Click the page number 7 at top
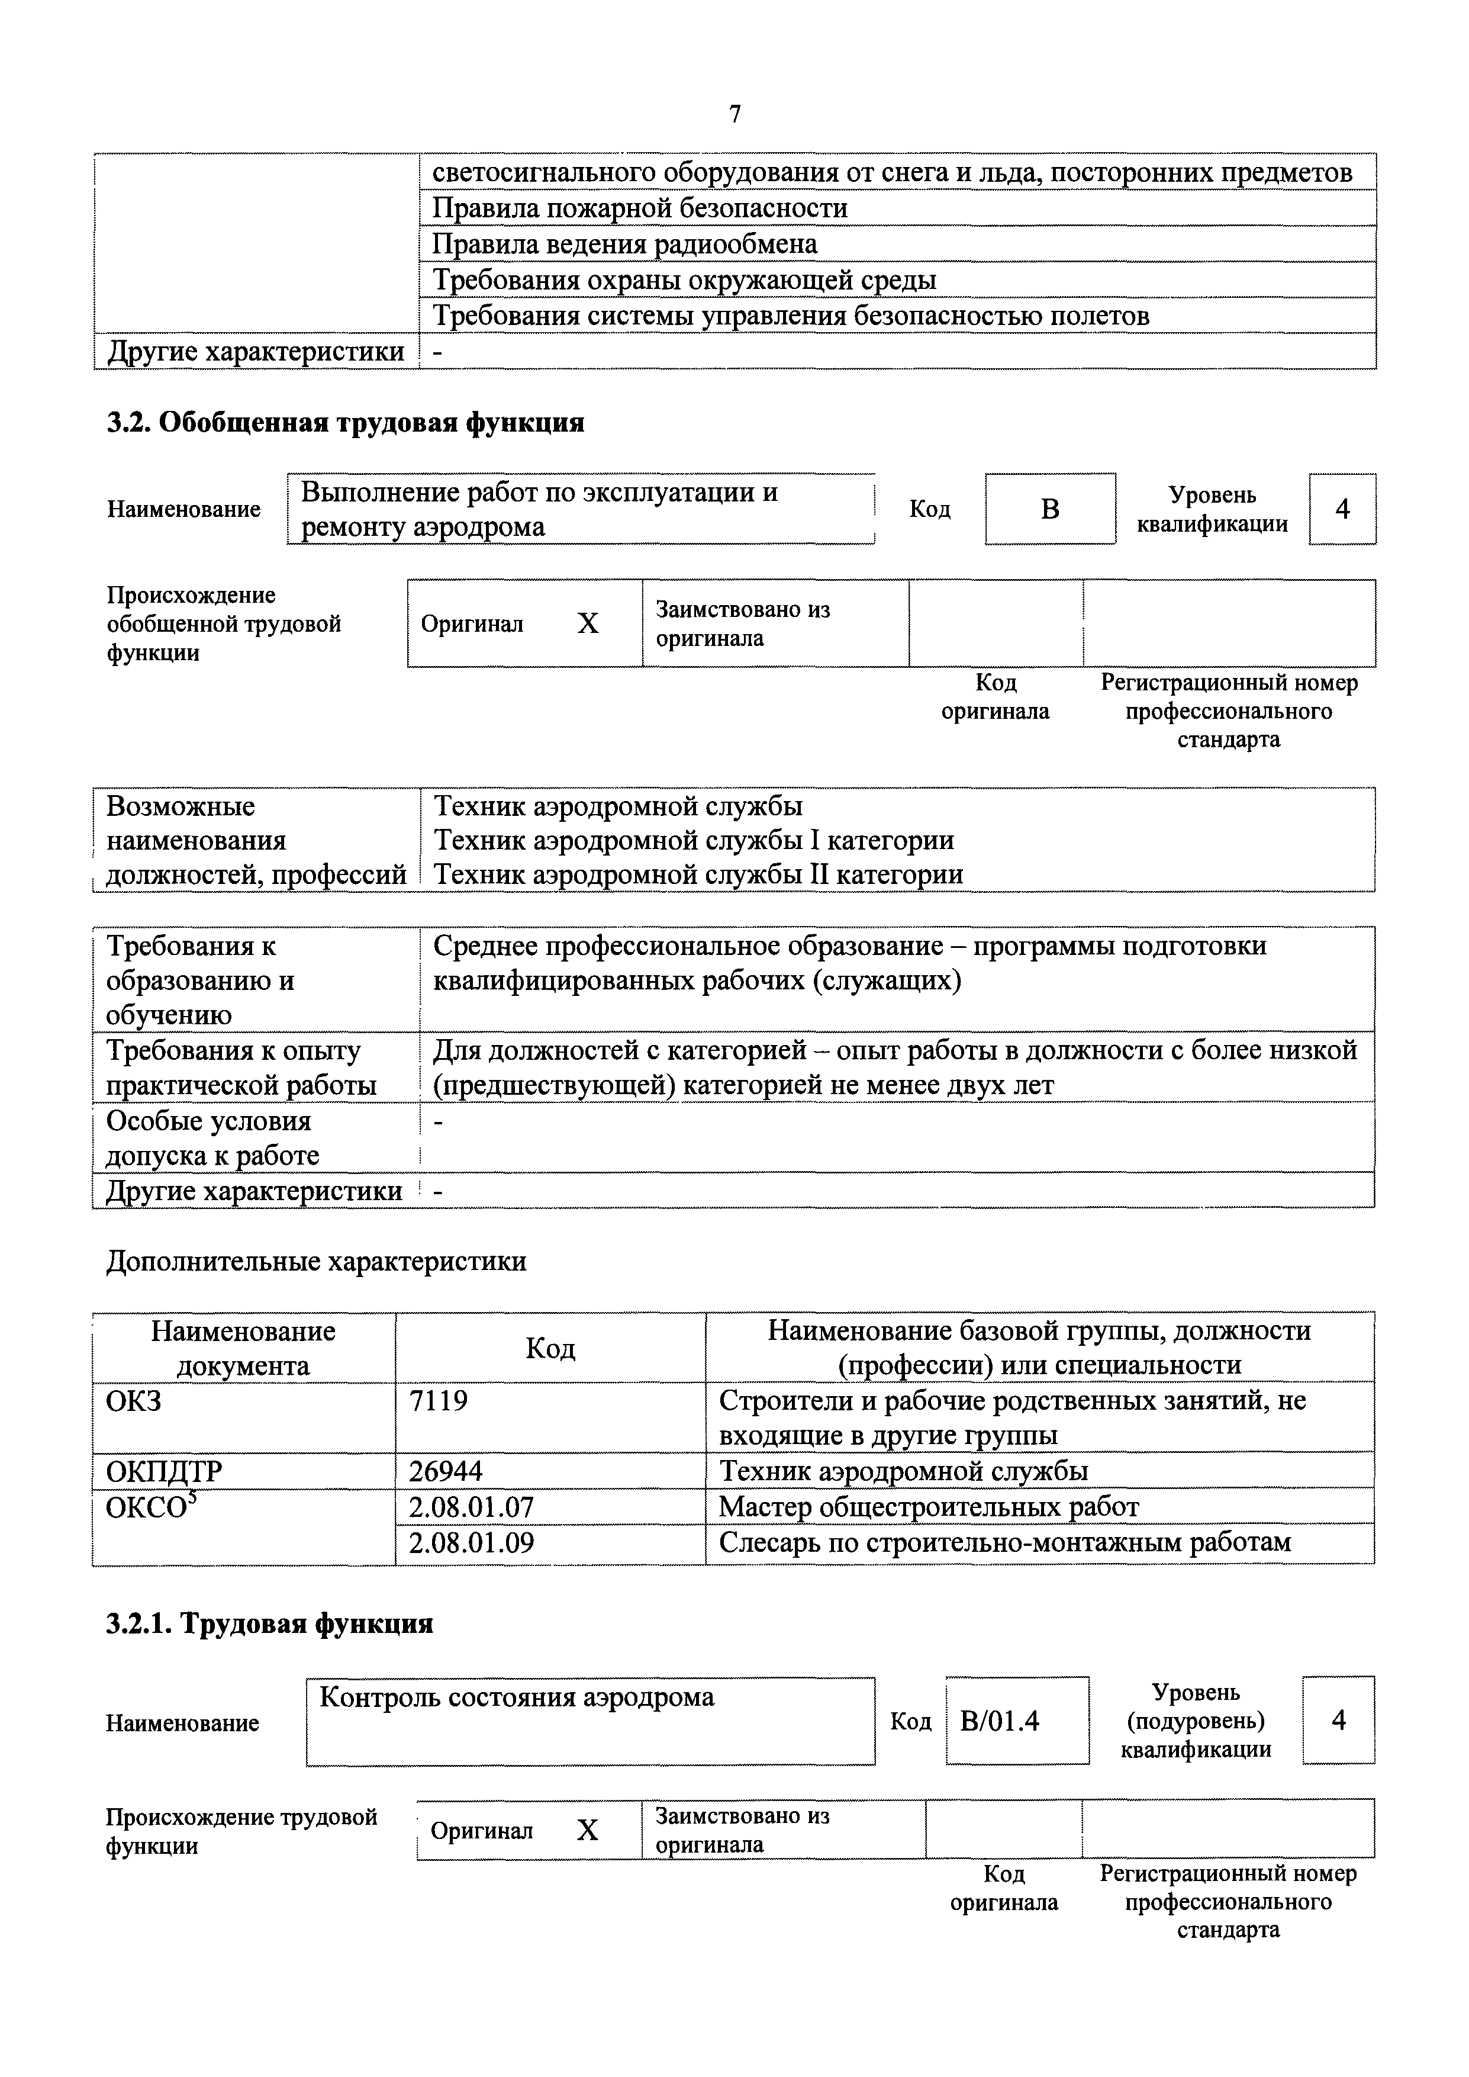pos(734,114)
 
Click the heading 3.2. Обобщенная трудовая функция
pos(346,423)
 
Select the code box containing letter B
pos(1049,509)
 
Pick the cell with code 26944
pos(446,1472)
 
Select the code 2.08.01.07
pos(471,1507)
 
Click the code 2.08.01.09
pos(471,1542)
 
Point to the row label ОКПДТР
pos(164,1472)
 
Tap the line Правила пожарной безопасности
pos(640,208)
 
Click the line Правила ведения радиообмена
pos(624,245)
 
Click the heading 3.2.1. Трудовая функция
pos(269,1624)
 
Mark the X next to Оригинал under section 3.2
pos(588,623)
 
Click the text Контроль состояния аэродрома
pos(517,1697)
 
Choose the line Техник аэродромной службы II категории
pos(698,874)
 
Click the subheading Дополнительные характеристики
pos(317,1261)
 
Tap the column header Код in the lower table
pos(550,1349)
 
